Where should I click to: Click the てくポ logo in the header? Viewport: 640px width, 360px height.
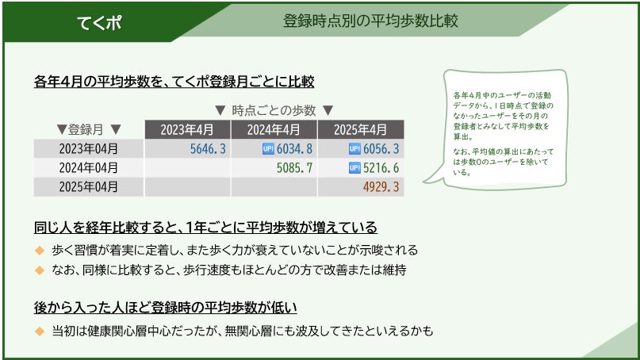point(99,22)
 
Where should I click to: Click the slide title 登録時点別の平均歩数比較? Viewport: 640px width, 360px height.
point(370,21)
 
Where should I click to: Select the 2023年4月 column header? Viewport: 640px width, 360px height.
point(188,129)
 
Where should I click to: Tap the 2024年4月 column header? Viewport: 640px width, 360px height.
point(274,129)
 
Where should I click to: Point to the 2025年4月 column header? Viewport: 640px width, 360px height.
point(361,129)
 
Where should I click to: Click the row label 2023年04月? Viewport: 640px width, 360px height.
point(89,148)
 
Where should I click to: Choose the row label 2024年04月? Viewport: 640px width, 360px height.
point(89,167)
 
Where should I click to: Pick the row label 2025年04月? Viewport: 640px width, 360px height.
point(89,186)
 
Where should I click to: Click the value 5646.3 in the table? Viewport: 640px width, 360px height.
point(208,148)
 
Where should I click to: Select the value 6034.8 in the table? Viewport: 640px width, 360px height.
point(294,148)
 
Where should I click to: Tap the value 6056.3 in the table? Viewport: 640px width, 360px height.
point(381,148)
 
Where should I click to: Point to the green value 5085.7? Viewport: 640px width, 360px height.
point(294,167)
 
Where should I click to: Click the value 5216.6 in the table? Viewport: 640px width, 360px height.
point(381,167)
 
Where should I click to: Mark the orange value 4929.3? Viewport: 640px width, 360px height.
point(381,186)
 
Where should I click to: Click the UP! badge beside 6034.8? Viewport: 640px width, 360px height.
point(268,149)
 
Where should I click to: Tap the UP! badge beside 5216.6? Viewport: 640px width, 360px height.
point(354,168)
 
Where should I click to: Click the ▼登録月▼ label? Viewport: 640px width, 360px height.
point(89,129)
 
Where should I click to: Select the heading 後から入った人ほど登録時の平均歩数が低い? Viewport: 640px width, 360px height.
point(165,308)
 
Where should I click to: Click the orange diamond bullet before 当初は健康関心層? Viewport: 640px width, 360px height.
point(40,331)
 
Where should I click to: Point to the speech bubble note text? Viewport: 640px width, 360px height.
point(504,133)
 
